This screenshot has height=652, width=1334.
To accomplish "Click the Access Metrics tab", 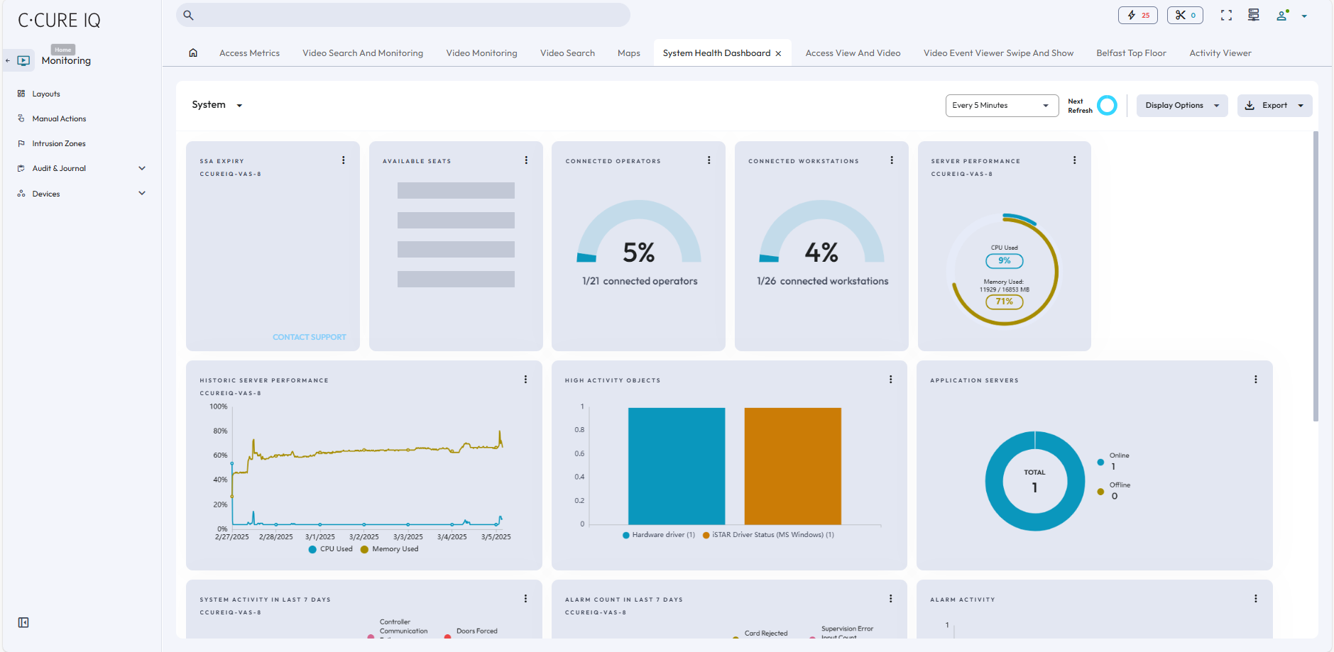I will click(x=249, y=53).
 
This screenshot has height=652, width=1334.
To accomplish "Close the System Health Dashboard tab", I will click(x=778, y=54).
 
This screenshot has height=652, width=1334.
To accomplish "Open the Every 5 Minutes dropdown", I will click(x=1001, y=106).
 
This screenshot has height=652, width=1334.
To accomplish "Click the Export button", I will click(x=1274, y=106).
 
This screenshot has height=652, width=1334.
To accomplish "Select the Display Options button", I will click(x=1181, y=106).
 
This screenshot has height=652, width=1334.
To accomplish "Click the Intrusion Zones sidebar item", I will click(x=58, y=143).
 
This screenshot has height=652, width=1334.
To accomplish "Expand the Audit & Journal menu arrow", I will click(x=142, y=168).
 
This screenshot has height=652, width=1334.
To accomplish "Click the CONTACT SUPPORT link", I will click(x=309, y=337).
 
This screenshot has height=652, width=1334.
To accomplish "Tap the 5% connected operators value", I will click(x=638, y=253).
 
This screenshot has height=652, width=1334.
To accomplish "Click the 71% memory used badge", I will click(x=1004, y=302).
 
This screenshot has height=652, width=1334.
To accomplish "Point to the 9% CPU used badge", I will click(x=1004, y=261).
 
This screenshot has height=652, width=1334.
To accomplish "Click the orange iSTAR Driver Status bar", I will click(x=792, y=466).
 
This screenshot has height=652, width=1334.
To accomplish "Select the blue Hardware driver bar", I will click(x=676, y=466).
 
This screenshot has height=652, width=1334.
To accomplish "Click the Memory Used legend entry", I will click(x=390, y=549).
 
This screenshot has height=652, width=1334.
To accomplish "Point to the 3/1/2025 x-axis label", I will click(x=319, y=537).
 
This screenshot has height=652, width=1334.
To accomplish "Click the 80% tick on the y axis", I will click(x=220, y=431).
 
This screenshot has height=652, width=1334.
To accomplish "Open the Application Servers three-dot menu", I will click(x=1255, y=380).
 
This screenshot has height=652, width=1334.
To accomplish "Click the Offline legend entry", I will click(x=1119, y=485).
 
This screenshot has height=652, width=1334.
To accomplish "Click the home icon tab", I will click(x=193, y=53).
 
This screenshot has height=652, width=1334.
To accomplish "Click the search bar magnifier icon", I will click(x=188, y=15).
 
